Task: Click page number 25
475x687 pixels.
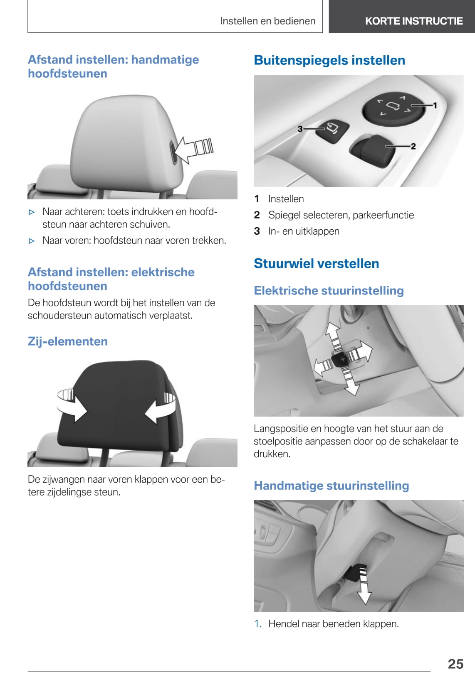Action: (x=455, y=664)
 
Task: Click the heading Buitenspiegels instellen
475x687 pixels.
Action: (x=329, y=60)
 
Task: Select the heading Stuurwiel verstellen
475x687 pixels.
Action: (x=316, y=263)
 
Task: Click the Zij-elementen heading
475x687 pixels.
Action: (x=67, y=341)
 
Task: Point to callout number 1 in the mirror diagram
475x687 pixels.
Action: (x=435, y=105)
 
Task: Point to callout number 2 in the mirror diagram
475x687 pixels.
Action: (x=413, y=146)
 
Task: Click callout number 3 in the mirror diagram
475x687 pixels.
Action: (x=300, y=129)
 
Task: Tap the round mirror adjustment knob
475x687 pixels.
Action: (x=393, y=109)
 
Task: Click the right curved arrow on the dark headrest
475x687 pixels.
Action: (x=160, y=407)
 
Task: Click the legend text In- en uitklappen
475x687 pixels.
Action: (x=304, y=231)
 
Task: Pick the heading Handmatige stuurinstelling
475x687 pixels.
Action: (x=332, y=486)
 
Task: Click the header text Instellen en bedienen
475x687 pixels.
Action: (x=268, y=21)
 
